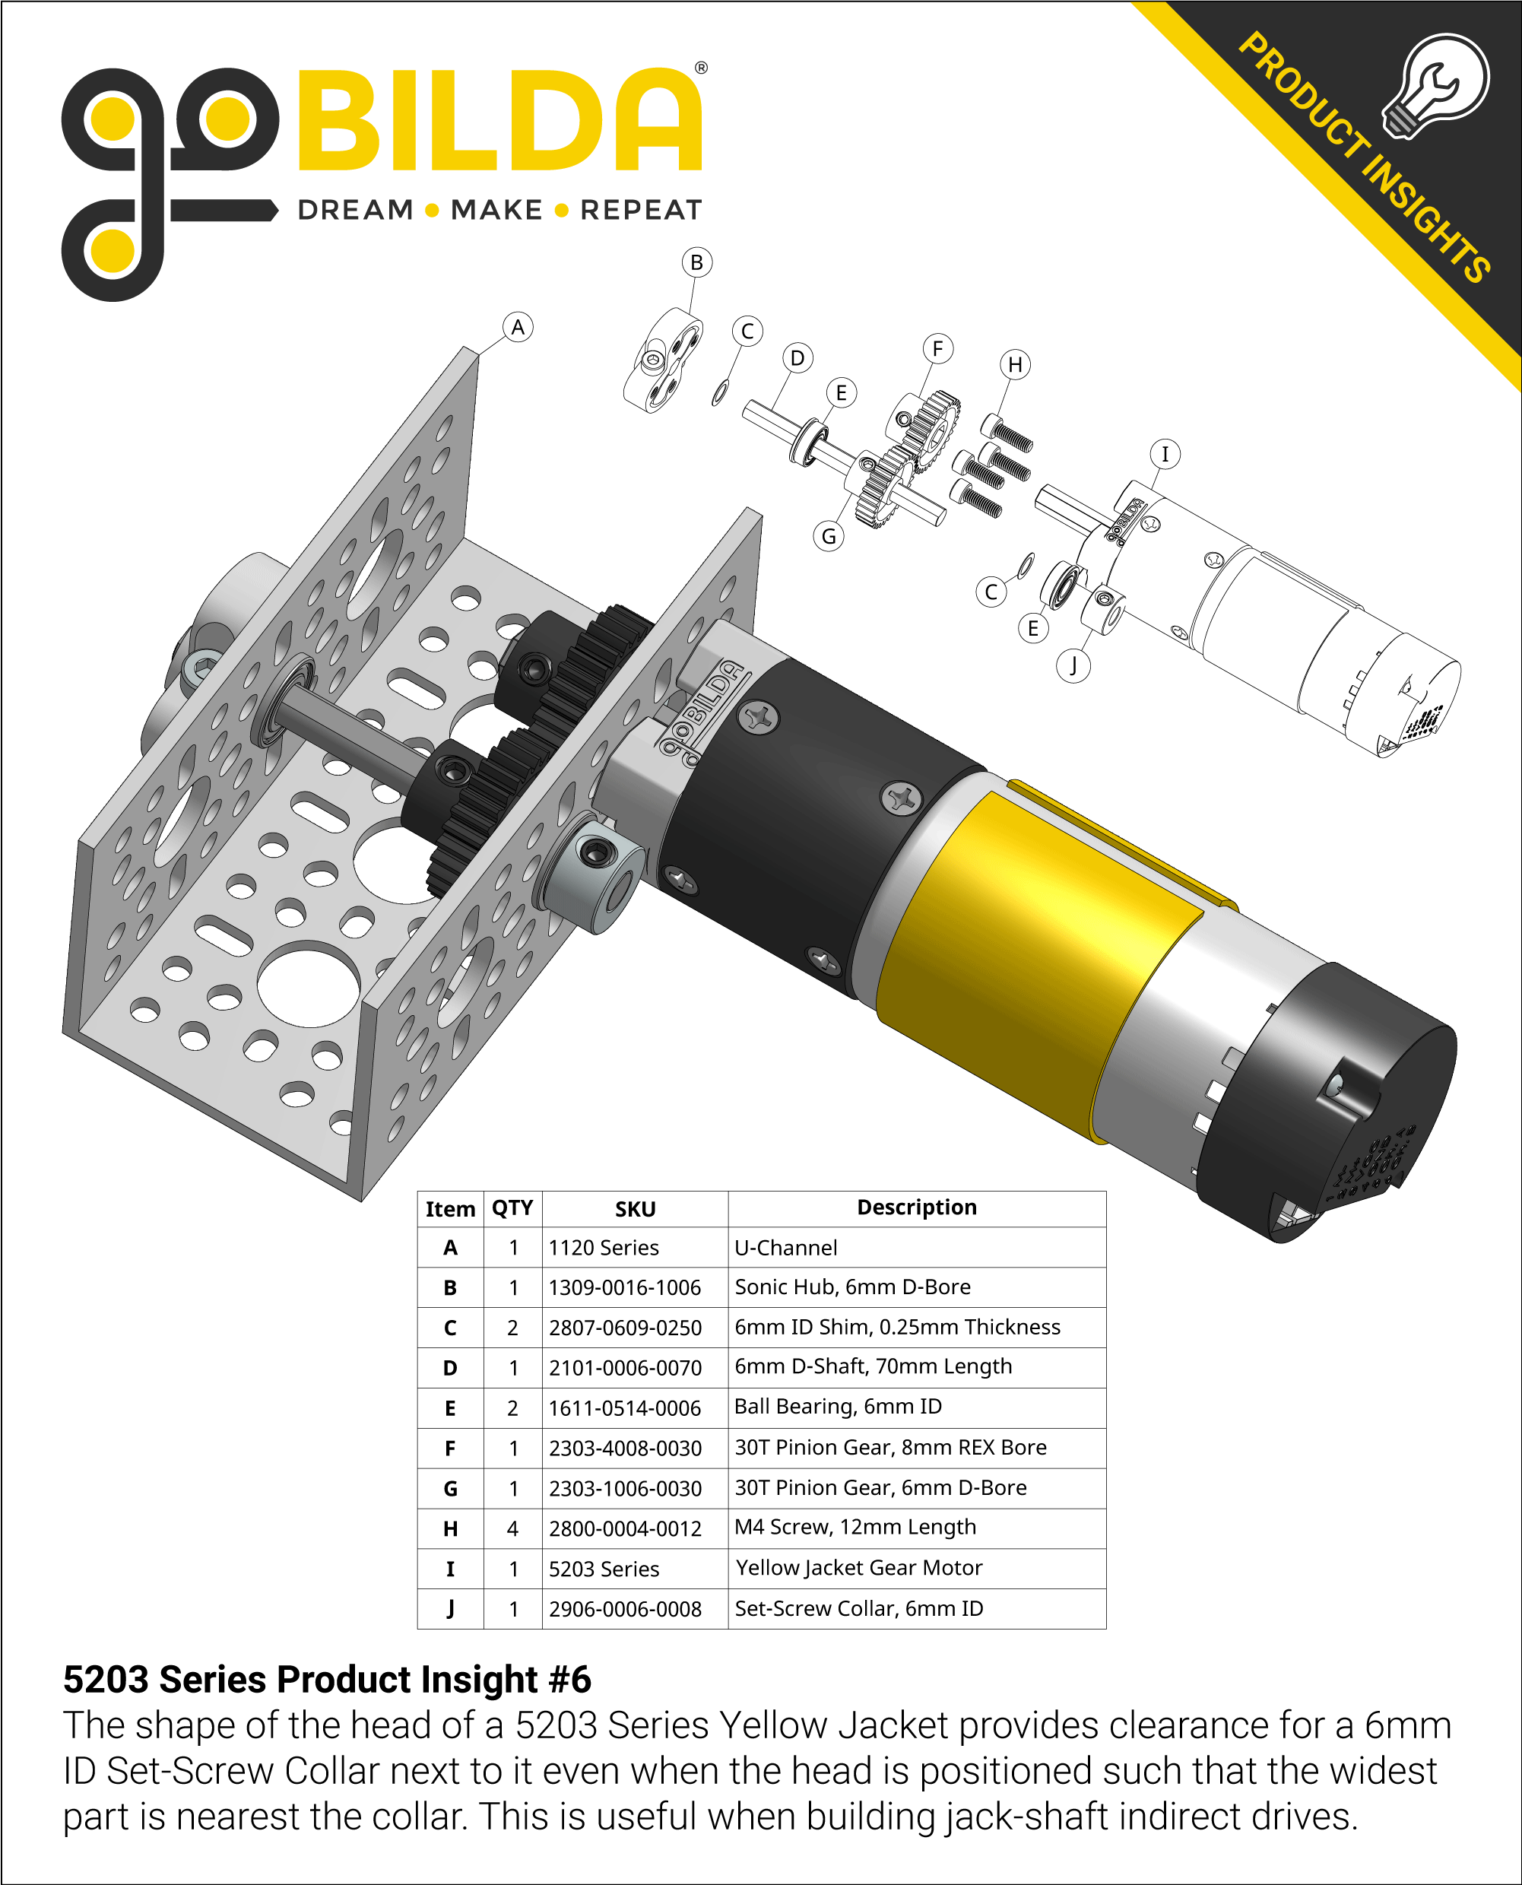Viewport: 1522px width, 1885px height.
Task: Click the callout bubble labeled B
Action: [x=696, y=262]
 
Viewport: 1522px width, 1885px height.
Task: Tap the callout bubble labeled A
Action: [x=518, y=327]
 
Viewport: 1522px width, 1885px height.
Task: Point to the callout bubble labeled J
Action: [x=1073, y=665]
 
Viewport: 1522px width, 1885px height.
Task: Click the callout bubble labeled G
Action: [x=829, y=535]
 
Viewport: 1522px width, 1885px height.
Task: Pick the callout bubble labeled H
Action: [x=1015, y=365]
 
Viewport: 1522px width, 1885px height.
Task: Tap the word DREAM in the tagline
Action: [x=355, y=211]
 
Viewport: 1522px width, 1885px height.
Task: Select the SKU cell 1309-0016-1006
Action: [x=624, y=1288]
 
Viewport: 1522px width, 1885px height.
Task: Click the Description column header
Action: [x=916, y=1208]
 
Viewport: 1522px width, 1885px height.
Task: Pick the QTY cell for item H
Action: [x=513, y=1529]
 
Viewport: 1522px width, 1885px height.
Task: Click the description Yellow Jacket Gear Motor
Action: [x=858, y=1568]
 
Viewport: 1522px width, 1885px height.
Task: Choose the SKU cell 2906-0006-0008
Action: [x=624, y=1610]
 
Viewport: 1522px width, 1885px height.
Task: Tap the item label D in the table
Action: [x=450, y=1369]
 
